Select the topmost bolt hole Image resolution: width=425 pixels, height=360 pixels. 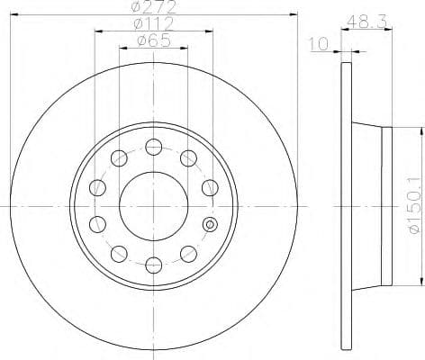coord(154,147)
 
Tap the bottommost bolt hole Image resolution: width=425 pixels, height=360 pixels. coord(154,264)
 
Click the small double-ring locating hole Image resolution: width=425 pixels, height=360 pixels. coord(210,224)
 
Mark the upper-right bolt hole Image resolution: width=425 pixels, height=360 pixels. coord(188,158)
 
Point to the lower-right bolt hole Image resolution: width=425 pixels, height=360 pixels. coord(188,253)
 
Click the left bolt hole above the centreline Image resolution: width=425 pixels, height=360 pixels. coord(98,187)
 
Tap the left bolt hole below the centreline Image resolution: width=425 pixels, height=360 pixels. coord(98,223)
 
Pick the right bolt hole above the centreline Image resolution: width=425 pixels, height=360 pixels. coord(210,187)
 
